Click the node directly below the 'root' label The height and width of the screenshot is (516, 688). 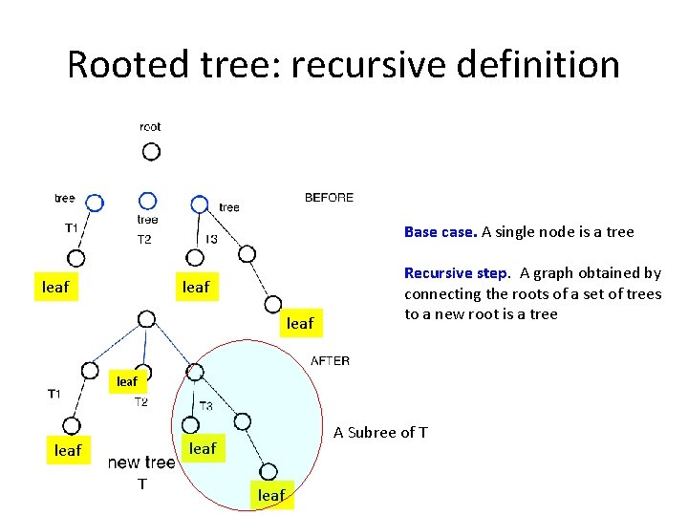coord(151,151)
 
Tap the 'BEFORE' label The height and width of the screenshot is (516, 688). coord(329,198)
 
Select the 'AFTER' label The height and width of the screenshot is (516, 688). coord(331,361)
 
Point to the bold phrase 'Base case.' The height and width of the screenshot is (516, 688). coord(441,232)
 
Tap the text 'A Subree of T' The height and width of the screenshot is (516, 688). coord(380,433)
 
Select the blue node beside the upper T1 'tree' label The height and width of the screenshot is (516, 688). coord(94,202)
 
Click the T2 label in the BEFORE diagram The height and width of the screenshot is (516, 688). coord(143,239)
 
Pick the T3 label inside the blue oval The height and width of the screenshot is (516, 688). coord(206,406)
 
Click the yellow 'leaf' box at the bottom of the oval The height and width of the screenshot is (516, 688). coord(271,495)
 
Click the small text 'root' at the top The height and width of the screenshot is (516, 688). coord(150,126)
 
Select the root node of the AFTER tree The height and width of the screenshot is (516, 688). coord(146,319)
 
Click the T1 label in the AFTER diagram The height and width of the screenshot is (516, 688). coord(54,394)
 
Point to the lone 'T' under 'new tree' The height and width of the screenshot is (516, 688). coord(141,484)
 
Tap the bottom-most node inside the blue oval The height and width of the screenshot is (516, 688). coord(269,470)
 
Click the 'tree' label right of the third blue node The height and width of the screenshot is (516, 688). coord(229,207)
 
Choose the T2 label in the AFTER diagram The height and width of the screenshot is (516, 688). coord(140,402)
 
